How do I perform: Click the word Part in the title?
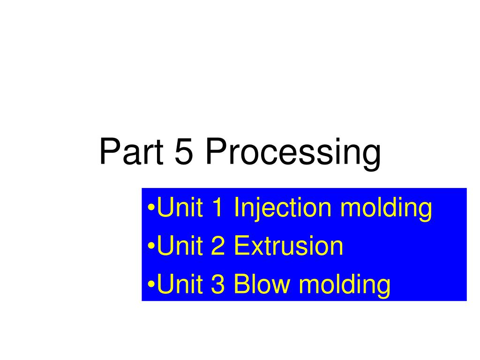tap(131, 151)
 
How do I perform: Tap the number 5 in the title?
tap(184, 151)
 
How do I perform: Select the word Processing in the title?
tap(293, 153)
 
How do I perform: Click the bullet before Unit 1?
tap(151, 208)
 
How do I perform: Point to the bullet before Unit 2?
tap(151, 246)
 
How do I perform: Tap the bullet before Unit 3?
tap(151, 284)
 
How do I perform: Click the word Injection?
tap(282, 209)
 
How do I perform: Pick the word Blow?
tap(262, 284)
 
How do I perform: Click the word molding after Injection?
tap(386, 209)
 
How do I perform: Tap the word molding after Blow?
tap(345, 285)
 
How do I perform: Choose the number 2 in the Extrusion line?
tap(217, 245)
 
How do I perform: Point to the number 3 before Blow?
tap(217, 284)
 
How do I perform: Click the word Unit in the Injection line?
tap(180, 207)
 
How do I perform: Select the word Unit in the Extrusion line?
tap(180, 245)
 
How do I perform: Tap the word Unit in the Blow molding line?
tap(180, 284)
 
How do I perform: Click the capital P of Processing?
tap(217, 151)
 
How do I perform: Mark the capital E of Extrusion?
tap(242, 245)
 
